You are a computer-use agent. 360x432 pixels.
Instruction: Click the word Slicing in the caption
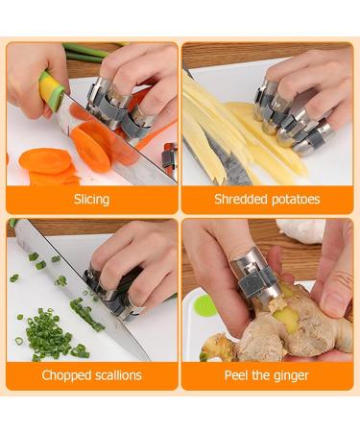click(x=91, y=200)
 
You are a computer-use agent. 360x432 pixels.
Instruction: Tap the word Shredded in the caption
click(x=229, y=200)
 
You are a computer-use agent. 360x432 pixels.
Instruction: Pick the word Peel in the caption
click(x=240, y=375)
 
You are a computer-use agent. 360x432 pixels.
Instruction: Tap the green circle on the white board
click(x=204, y=305)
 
